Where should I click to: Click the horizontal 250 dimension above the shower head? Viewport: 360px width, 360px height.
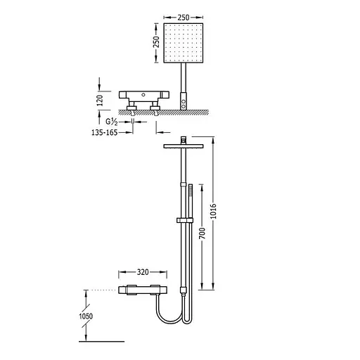(184, 18)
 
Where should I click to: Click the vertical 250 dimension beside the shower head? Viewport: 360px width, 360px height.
(156, 42)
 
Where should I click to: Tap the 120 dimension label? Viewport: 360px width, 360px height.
(100, 101)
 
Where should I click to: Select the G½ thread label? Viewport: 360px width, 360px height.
(112, 122)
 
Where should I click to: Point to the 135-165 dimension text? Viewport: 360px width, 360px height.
(104, 133)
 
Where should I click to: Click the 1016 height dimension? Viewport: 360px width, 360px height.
(213, 211)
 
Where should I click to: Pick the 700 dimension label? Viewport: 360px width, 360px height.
(202, 233)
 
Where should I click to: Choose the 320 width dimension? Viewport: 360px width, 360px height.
(143, 272)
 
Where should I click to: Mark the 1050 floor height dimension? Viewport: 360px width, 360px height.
(86, 316)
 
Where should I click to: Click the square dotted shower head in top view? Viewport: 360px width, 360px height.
(184, 43)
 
